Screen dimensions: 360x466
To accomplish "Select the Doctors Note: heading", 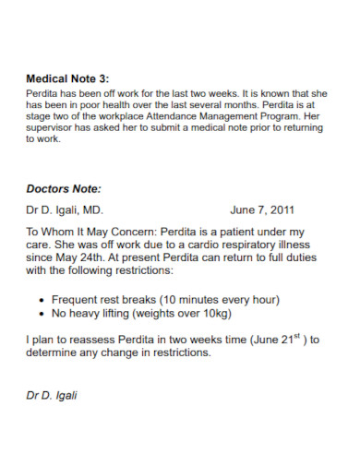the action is click(x=63, y=189).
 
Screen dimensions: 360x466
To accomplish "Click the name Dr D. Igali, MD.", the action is click(x=70, y=210).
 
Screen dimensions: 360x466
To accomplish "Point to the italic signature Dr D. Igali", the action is click(x=52, y=395).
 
